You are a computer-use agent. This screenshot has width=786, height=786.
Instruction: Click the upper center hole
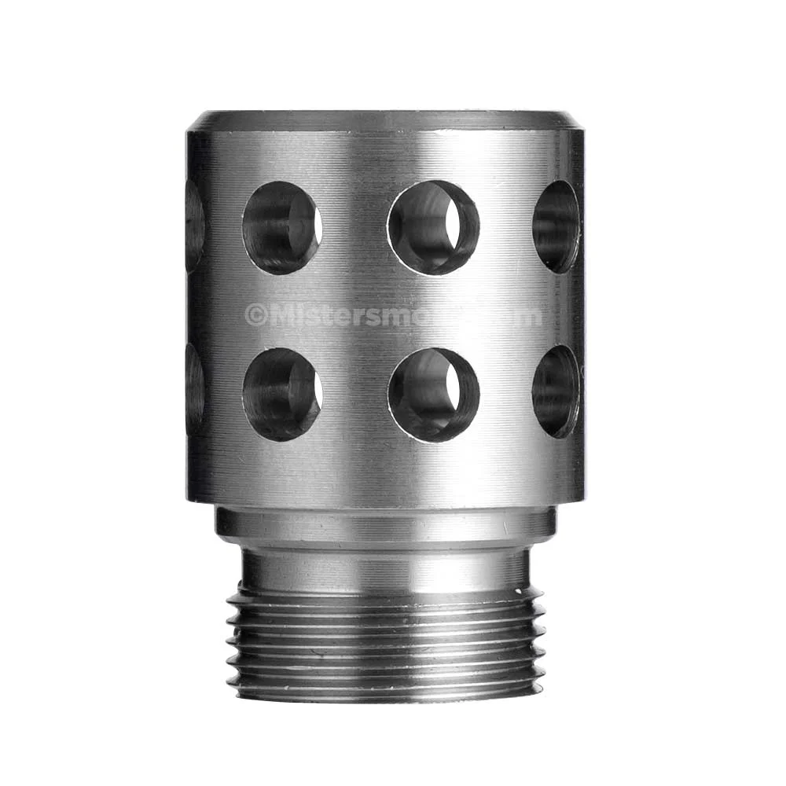coord(433,228)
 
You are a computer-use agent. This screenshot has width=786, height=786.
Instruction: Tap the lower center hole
coord(433,395)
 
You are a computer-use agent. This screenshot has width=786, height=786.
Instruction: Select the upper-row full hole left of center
coord(281,228)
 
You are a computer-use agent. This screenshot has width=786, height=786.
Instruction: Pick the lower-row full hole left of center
coord(281,395)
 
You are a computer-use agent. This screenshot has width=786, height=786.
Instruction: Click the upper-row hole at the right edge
coord(556,227)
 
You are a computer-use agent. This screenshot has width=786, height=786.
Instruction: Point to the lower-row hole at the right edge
coord(556,391)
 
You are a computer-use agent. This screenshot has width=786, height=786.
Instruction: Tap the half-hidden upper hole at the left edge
coord(194,226)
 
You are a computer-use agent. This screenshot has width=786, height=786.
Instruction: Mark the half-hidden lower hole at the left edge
coord(194,390)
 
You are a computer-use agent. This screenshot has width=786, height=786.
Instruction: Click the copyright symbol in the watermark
coord(255,316)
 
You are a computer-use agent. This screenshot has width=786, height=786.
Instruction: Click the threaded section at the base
coord(385,645)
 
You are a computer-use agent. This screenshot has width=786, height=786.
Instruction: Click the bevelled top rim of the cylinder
coord(385,120)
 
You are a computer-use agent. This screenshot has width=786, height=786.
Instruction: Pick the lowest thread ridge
coord(385,692)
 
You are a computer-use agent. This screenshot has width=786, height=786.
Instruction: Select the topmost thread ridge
coord(385,599)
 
